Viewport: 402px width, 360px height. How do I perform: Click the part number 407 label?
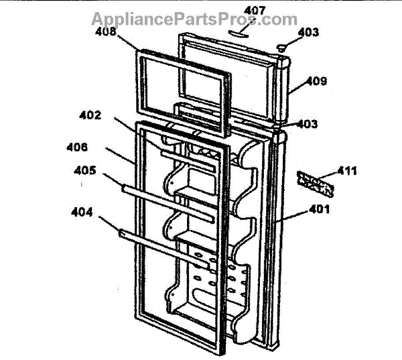click(255, 11)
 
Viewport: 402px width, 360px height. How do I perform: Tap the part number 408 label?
click(105, 32)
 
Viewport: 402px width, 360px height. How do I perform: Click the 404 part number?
click(82, 213)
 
